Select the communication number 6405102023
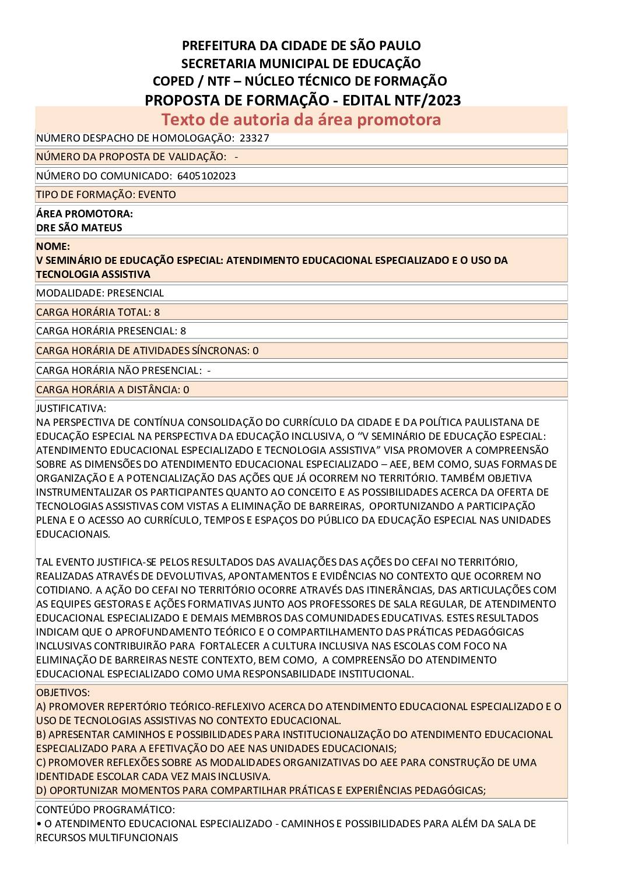pos(205,176)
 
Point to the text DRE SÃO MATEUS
pos(79,228)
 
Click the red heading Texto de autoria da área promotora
pos(301,119)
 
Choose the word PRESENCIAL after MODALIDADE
pos(136,293)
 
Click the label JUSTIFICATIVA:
pos(71,408)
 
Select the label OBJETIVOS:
pos(63,693)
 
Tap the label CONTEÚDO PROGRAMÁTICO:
pos(106,810)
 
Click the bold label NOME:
pos(53,246)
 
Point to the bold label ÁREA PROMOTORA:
pos(85,214)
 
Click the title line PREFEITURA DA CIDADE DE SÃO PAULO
pos(301,45)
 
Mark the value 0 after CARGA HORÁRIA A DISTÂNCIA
pos(186,390)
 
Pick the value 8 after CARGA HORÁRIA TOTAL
pos(157,312)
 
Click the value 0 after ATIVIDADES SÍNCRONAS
pos(255,351)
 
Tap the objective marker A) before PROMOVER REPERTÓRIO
pos(41,707)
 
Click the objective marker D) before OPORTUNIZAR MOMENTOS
pos(42,790)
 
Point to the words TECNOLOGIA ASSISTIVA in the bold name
pos(93,274)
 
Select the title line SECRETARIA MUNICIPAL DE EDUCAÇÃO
pos(301,63)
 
